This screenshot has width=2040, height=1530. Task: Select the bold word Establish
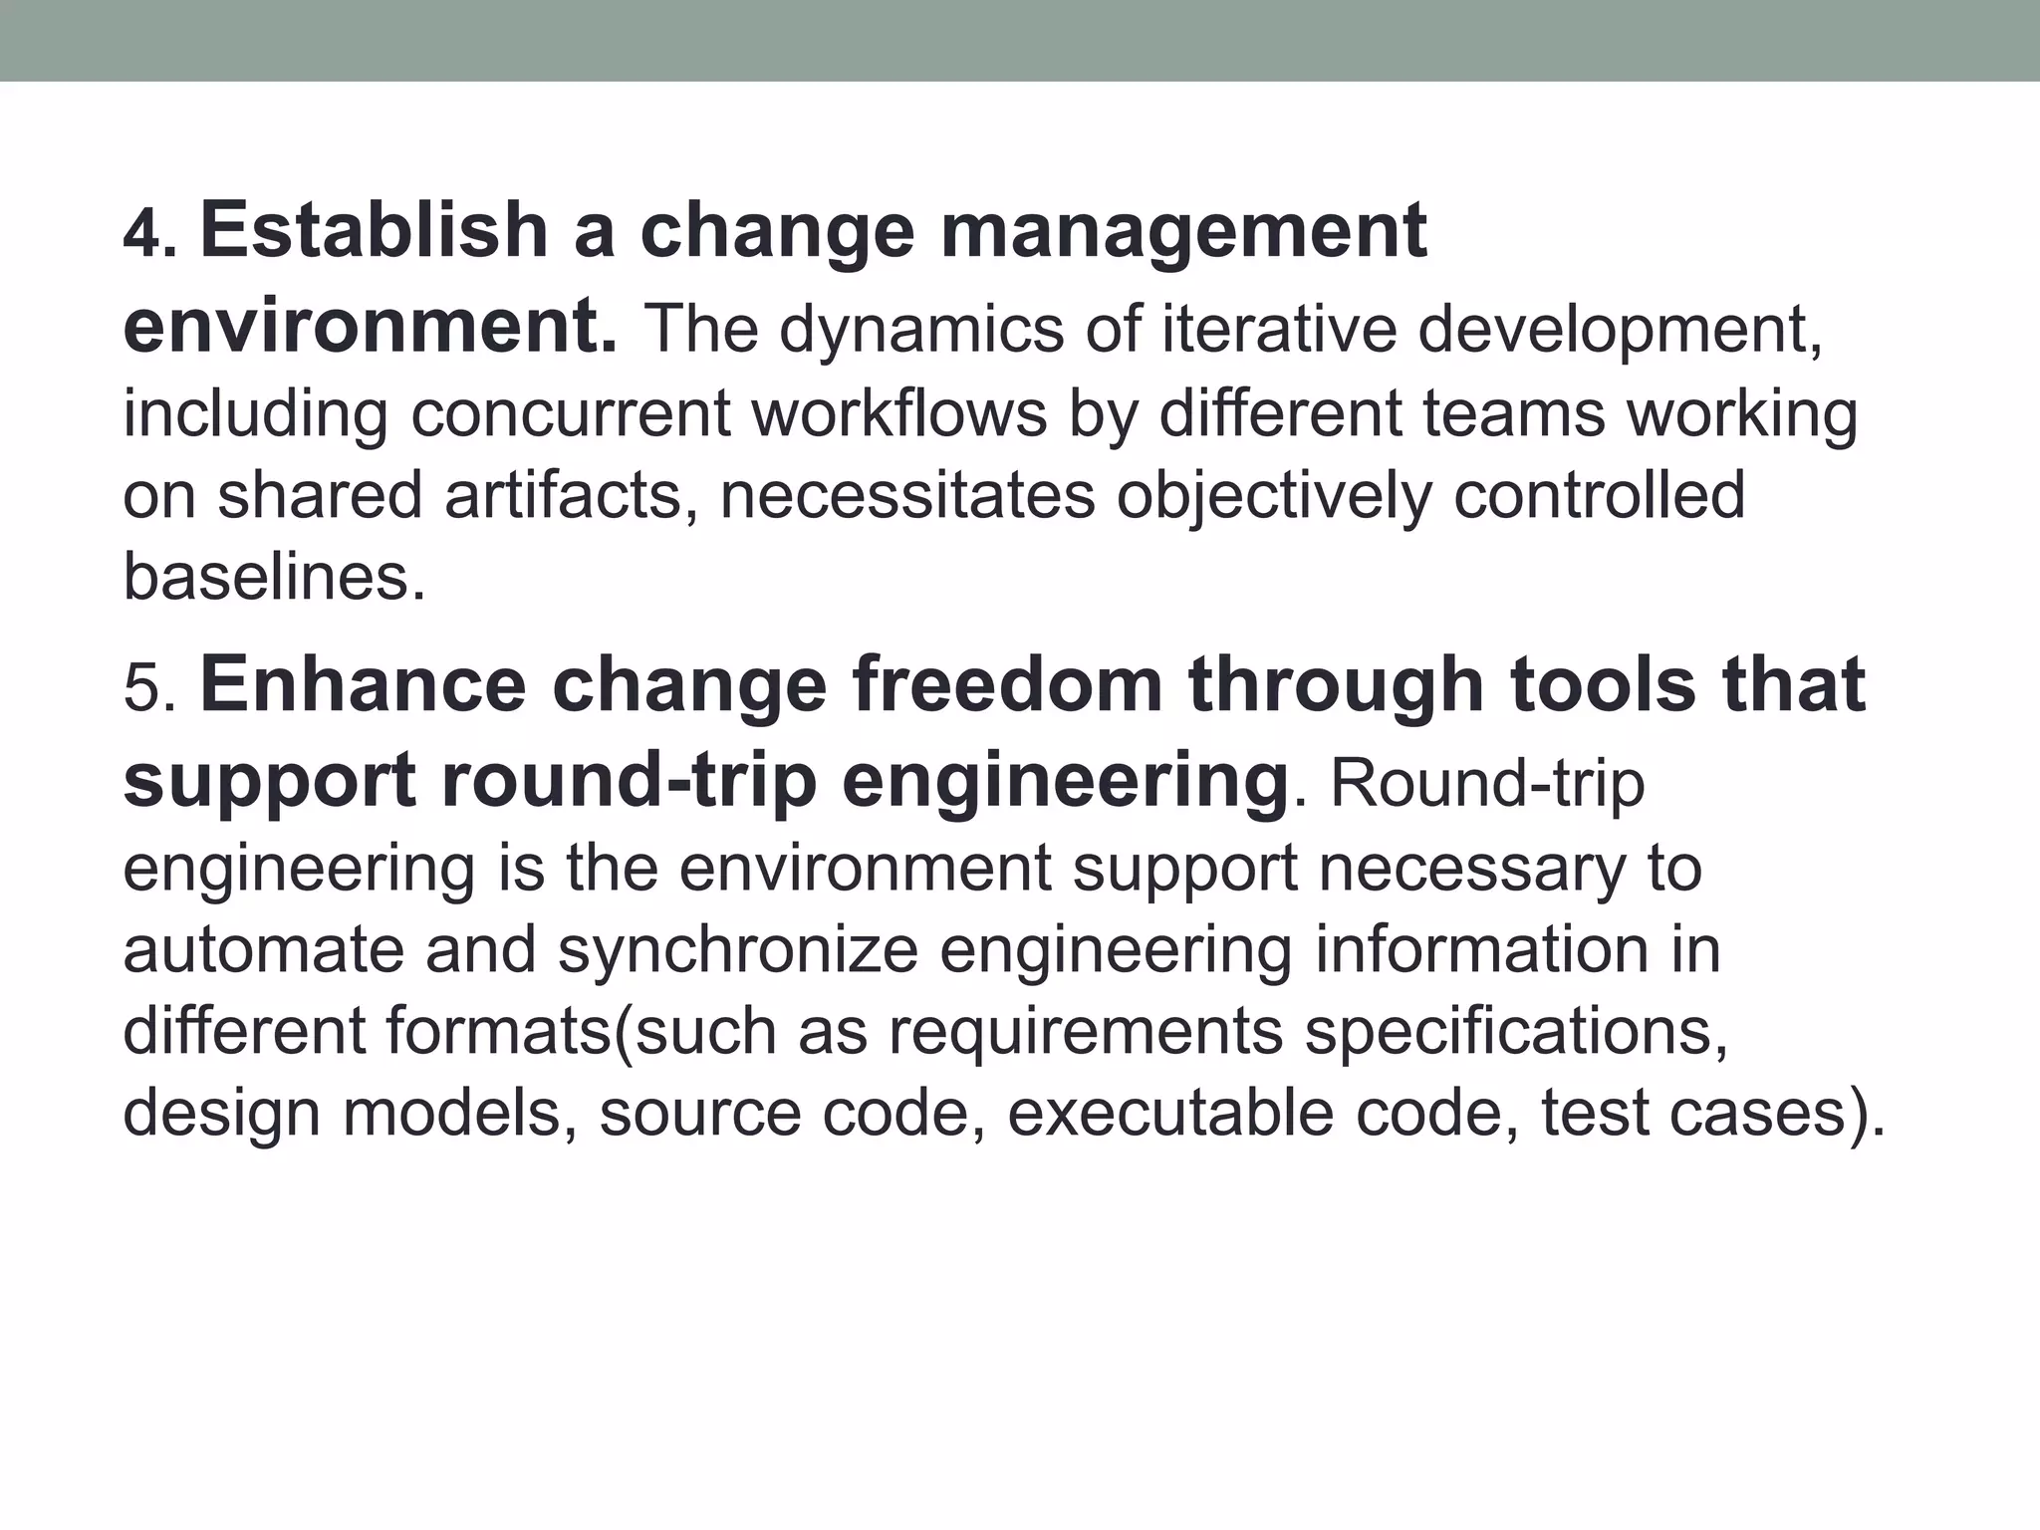375,231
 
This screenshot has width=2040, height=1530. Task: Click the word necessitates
906,495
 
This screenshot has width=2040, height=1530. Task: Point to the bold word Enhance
363,685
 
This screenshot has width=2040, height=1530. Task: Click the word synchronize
737,949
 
